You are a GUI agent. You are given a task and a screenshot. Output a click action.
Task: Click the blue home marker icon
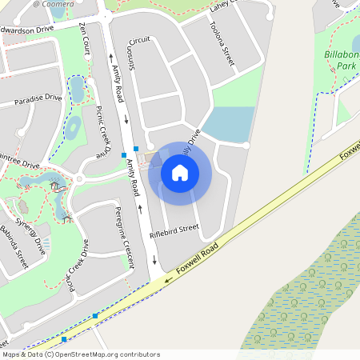pos(180,172)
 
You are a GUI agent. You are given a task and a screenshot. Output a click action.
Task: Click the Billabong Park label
pos(341,59)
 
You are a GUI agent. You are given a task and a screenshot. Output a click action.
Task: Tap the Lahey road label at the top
pos(220,6)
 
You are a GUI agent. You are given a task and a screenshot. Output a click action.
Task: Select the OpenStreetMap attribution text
pos(81,354)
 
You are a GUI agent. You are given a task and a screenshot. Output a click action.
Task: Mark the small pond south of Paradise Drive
pos(73,127)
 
